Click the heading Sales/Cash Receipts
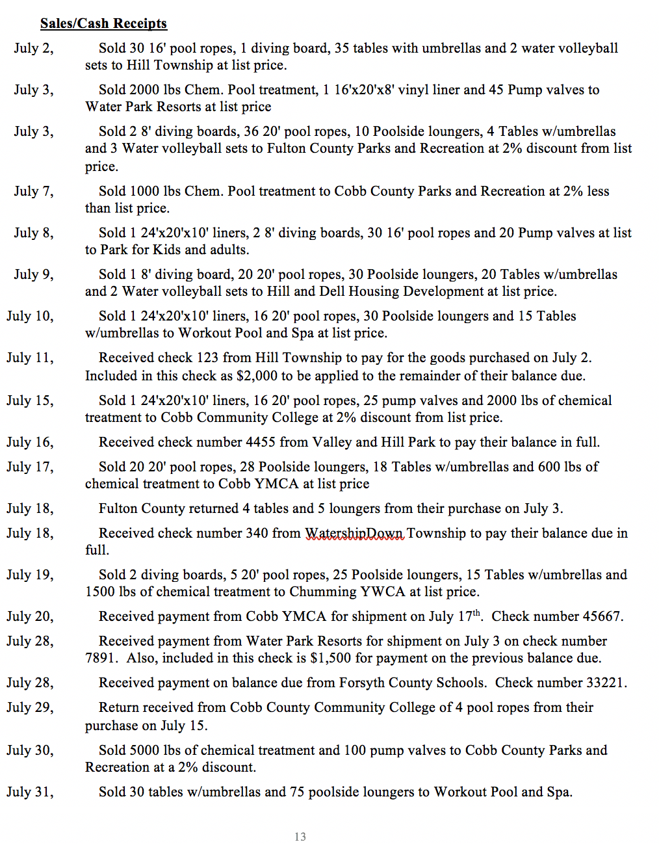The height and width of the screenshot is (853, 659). click(x=103, y=23)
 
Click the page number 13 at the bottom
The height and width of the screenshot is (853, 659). click(x=300, y=837)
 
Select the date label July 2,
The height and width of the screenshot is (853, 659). click(x=34, y=48)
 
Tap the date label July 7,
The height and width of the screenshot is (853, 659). click(x=34, y=191)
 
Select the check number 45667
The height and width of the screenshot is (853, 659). click(x=602, y=616)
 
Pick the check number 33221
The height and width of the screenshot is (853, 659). click(x=606, y=683)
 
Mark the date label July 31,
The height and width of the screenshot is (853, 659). click(x=30, y=792)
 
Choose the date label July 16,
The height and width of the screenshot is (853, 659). click(x=30, y=442)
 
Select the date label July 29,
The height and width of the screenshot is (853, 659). click(x=30, y=707)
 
